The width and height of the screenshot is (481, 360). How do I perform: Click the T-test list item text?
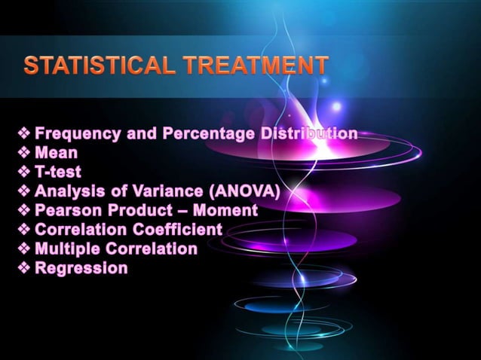(58, 172)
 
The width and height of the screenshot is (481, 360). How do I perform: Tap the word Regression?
(81, 268)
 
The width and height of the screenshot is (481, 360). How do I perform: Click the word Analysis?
(67, 191)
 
